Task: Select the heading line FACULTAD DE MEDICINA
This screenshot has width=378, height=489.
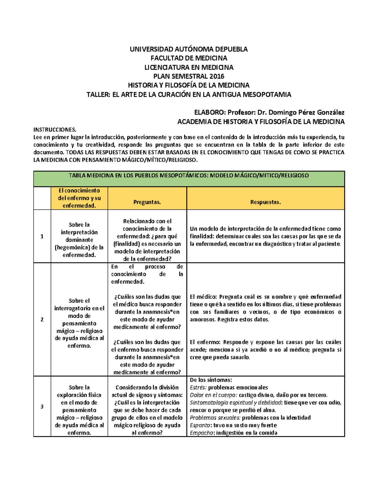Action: [189, 58]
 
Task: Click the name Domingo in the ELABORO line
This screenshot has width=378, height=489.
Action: [282, 112]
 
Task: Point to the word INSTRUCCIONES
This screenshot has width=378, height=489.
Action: [55, 130]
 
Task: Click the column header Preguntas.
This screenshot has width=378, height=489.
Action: [147, 202]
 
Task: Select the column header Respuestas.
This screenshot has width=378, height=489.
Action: [265, 202]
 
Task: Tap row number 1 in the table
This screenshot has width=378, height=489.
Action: [42, 236]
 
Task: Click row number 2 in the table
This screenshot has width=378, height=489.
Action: [42, 320]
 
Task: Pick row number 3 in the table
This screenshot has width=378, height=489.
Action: [42, 407]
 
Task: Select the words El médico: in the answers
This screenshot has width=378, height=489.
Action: [203, 297]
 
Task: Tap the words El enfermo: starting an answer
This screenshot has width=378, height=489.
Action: [205, 342]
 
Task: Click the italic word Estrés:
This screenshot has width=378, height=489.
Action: [198, 388]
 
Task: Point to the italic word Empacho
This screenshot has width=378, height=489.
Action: [202, 433]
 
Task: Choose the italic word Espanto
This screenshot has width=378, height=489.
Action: [200, 425]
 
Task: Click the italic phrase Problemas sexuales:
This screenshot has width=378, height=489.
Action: [215, 418]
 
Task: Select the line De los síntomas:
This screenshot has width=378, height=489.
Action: [211, 380]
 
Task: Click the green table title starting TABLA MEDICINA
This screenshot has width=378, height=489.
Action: [189, 176]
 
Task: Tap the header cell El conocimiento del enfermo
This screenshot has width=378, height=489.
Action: [79, 198]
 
